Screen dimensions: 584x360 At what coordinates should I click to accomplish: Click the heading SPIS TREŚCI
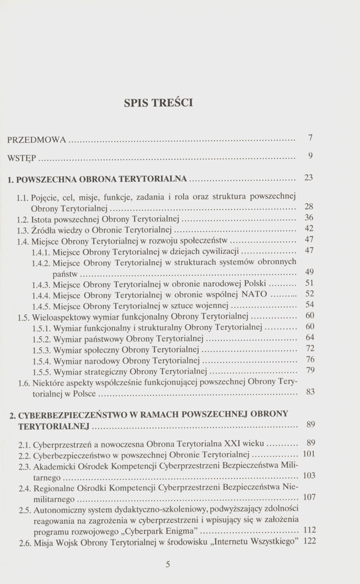[x=159, y=104]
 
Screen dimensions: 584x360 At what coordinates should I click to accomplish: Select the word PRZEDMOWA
[x=36, y=141]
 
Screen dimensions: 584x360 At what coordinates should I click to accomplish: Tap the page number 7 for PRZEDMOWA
[x=310, y=138]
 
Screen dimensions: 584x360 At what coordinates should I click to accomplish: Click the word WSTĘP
[x=22, y=158]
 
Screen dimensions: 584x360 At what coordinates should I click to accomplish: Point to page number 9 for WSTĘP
[x=310, y=156]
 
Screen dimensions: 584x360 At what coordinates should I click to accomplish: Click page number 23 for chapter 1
[x=309, y=178]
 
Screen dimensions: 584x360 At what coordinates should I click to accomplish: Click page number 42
[x=309, y=228]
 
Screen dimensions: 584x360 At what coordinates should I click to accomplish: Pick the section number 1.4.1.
[x=41, y=252]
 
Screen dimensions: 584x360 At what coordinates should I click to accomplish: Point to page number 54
[x=310, y=305]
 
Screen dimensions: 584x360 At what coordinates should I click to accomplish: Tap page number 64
[x=310, y=338]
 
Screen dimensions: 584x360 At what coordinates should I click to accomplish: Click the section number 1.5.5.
[x=41, y=371]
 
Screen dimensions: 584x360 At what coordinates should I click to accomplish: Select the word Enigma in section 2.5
[x=180, y=531]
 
